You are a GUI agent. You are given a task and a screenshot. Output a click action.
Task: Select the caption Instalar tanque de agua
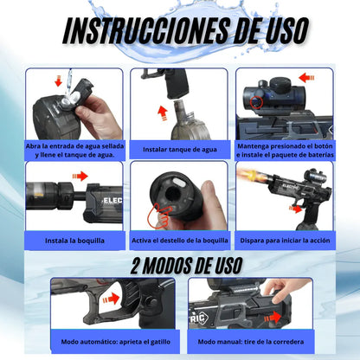pos(179,149)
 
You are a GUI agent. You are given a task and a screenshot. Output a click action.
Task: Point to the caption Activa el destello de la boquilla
pos(179,240)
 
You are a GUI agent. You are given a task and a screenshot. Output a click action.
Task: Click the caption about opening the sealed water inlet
pos(74,149)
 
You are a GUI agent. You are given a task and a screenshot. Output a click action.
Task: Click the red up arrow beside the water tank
pos(161,112)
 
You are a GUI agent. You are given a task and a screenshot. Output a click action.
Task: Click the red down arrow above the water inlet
pos(60,81)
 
